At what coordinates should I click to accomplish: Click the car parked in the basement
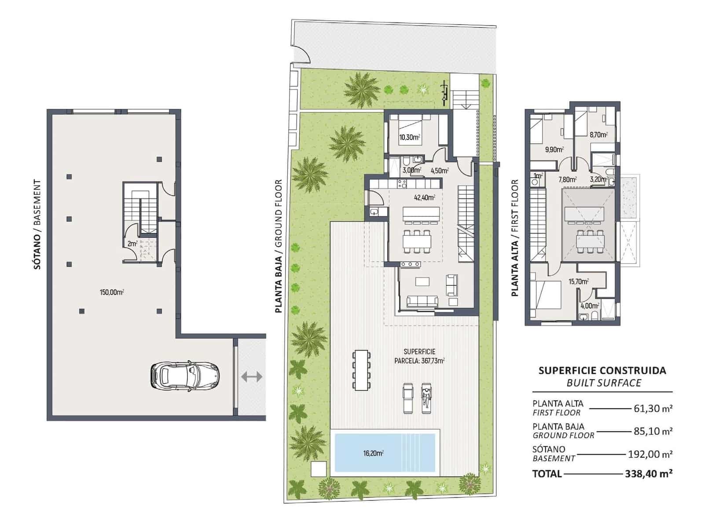point(185,376)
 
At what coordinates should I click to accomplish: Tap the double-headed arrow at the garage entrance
point(252,376)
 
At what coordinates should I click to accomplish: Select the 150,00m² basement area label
point(112,292)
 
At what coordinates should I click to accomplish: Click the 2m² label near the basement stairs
point(132,243)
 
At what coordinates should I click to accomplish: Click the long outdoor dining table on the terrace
point(362,370)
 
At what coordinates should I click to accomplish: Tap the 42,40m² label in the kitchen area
point(424,197)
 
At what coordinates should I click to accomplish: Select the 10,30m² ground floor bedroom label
point(409,137)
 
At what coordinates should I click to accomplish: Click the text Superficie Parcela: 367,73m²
point(419,356)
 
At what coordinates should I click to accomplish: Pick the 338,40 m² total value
point(648,474)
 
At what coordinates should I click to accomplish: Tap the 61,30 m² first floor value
point(653,409)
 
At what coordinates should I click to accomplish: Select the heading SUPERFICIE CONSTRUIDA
point(602,371)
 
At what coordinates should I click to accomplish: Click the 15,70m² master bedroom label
point(579,281)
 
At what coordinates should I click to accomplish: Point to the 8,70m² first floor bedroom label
point(598,135)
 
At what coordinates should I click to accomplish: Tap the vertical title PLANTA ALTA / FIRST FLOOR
point(514,237)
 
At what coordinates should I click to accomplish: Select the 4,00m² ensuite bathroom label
point(590,306)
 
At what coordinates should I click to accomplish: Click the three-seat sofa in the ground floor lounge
point(422,301)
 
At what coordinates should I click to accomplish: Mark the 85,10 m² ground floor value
point(653,431)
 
